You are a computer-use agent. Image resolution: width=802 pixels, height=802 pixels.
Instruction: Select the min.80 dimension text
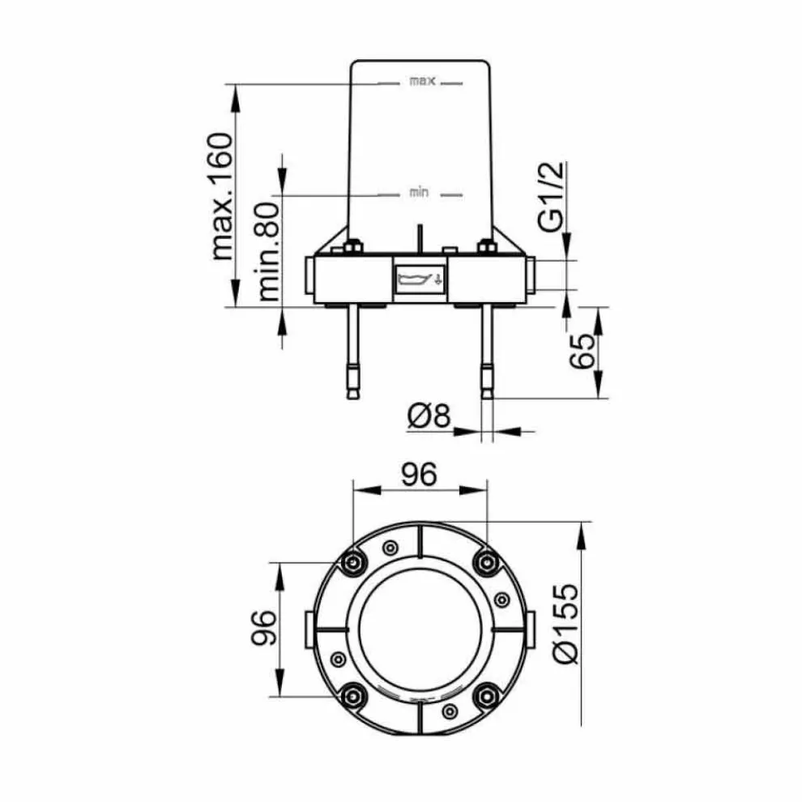pyautogui.click(x=269, y=252)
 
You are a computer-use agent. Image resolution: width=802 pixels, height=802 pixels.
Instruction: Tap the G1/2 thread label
pyautogui.click(x=552, y=196)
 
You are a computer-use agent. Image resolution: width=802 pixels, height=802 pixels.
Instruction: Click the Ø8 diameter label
pyautogui.click(x=429, y=416)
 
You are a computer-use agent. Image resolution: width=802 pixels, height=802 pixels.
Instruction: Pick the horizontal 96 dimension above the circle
pyautogui.click(x=419, y=474)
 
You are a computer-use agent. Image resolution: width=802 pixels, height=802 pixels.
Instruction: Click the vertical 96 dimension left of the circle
pyautogui.click(x=264, y=628)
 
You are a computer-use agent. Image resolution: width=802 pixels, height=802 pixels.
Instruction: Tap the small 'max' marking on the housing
pyautogui.click(x=422, y=81)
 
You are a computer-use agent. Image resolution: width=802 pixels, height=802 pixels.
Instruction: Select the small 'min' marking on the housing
pyautogui.click(x=419, y=192)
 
